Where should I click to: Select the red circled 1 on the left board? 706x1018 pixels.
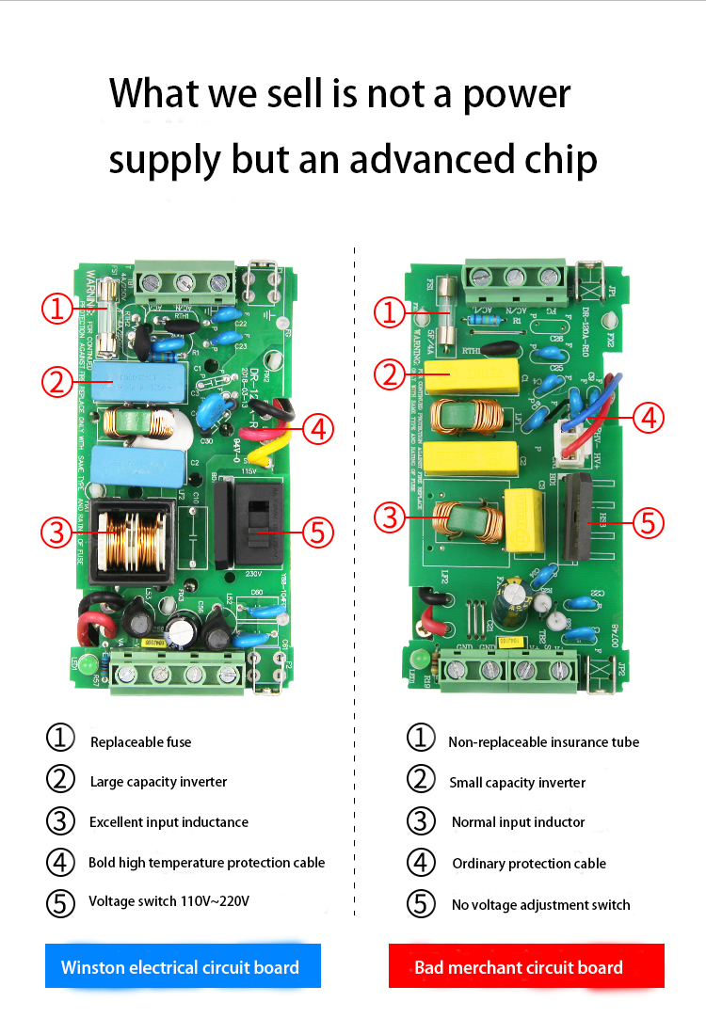pos(58,308)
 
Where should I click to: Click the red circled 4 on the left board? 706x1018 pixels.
pos(318,429)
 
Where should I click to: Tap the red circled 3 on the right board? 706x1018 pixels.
pos(392,517)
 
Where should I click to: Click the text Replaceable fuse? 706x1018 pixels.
pos(140,742)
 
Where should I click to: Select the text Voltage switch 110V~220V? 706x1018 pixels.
pos(169,901)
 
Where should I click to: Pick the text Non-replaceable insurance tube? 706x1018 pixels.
pos(543,742)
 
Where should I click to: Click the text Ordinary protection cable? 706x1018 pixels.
pos(529,864)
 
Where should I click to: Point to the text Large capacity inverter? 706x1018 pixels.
pos(158,782)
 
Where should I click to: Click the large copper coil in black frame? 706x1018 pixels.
pos(129,541)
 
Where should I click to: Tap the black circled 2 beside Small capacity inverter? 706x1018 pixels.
pos(421,780)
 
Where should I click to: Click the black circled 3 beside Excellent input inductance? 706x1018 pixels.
pos(60,820)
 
